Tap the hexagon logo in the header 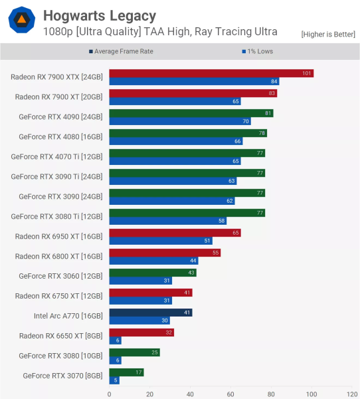pos(21,21)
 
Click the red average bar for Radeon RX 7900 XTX pos(211,73)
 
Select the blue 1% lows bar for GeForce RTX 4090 pos(179,121)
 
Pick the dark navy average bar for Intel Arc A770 pos(150,312)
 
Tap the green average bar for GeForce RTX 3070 pos(126,372)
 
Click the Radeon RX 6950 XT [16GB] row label pos(59,237)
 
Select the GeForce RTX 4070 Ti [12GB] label pos(57,157)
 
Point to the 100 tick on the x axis pos(311,393)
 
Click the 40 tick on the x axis pos(190,393)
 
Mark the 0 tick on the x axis pos(110,393)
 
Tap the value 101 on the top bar pos(307,73)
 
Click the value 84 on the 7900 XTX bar pos(274,81)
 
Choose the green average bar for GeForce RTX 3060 pos(152,273)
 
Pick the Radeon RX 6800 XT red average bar pos(164,253)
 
